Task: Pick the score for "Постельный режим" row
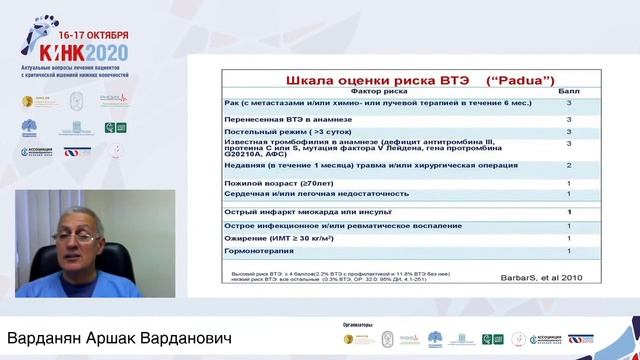569,130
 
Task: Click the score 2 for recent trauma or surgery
569,165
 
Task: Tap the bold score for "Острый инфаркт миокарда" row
569,212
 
